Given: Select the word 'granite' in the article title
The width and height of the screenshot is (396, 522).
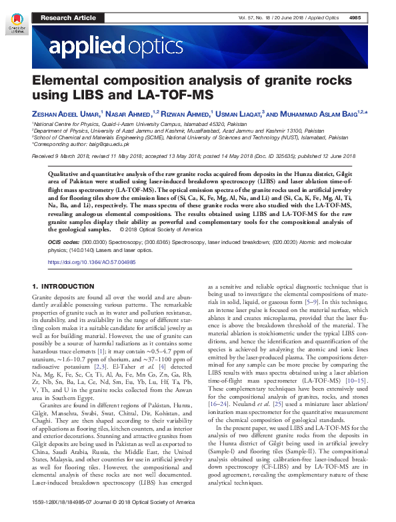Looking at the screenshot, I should tap(281, 81).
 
